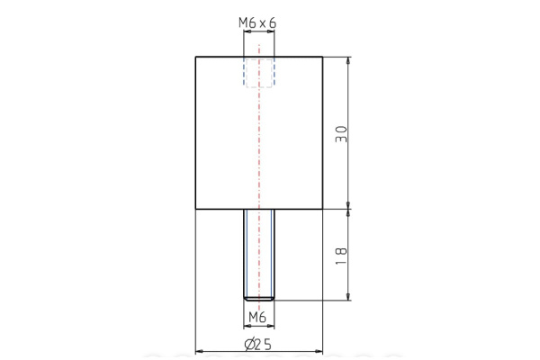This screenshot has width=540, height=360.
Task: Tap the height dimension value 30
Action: tap(340, 133)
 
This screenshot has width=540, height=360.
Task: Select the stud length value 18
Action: tap(340, 255)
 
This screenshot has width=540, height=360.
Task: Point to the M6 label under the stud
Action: tap(256, 317)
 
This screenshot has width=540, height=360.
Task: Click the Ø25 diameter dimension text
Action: tap(257, 344)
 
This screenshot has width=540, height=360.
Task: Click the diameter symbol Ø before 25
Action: tap(248, 344)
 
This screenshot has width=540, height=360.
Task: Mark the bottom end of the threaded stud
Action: tap(258, 299)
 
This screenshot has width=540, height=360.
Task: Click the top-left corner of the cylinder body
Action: tap(196, 58)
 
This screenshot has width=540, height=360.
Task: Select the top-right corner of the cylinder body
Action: tap(321, 58)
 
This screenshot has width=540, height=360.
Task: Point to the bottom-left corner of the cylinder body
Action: tap(196, 209)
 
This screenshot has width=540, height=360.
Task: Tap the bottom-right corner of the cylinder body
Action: tap(321, 209)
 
